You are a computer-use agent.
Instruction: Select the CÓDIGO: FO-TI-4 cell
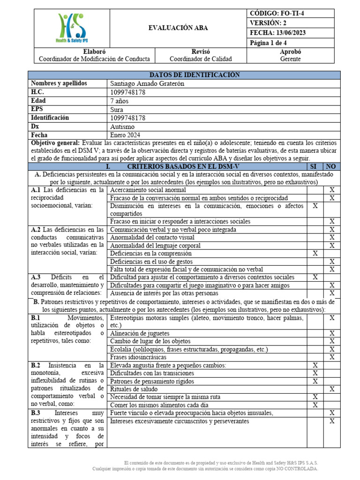click(x=277, y=14)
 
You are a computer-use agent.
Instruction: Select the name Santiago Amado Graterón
click(x=148, y=83)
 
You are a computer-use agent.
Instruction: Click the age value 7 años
click(x=119, y=101)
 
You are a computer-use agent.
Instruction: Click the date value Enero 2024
click(x=125, y=135)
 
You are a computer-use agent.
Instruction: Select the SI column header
click(x=315, y=166)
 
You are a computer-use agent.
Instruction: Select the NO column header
click(x=331, y=166)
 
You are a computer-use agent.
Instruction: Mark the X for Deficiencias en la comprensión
click(x=315, y=254)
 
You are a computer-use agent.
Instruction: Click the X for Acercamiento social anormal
click(x=331, y=190)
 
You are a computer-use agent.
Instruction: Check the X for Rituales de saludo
click(x=331, y=389)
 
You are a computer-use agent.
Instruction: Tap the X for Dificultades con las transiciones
click(x=315, y=373)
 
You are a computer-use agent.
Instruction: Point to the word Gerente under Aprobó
click(x=291, y=59)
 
